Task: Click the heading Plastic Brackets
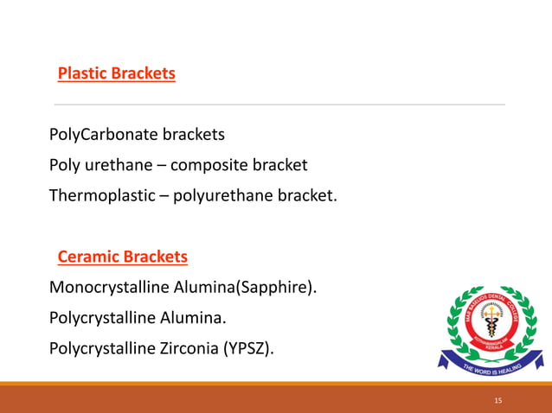(116, 73)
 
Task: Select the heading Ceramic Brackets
(122, 257)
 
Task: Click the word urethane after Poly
(113, 165)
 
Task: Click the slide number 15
(497, 401)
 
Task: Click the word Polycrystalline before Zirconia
(101, 348)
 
